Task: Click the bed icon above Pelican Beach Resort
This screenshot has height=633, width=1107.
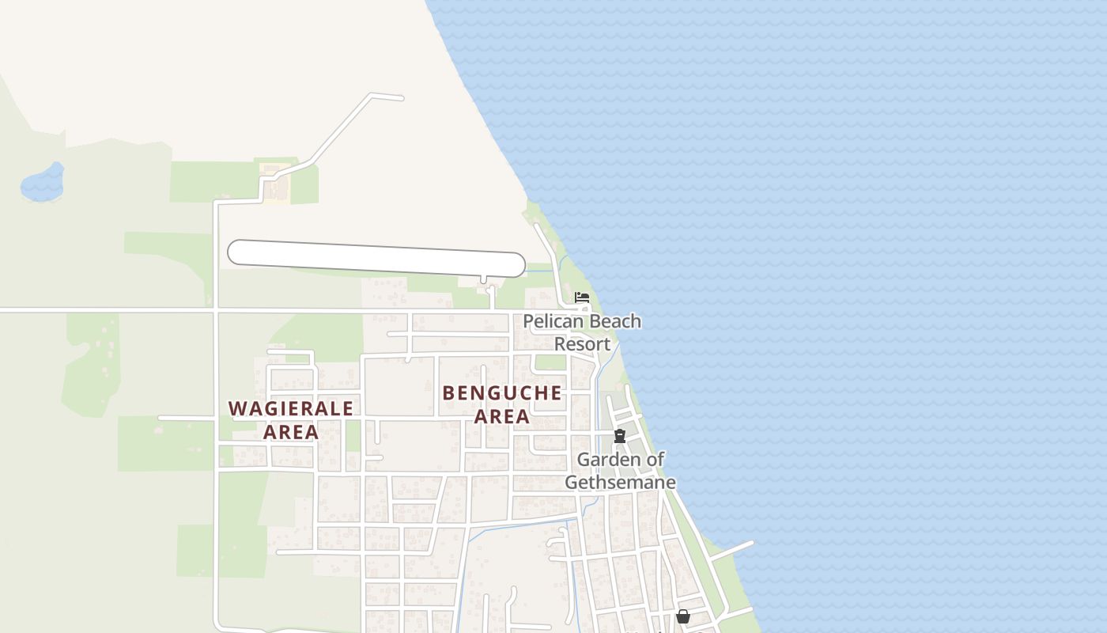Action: click(582, 298)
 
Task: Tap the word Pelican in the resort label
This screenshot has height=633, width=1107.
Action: click(551, 322)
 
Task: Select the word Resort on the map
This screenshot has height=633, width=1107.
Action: click(582, 344)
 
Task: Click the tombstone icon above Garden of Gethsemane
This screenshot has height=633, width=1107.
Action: click(620, 436)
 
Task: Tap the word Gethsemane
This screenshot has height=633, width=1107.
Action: click(620, 482)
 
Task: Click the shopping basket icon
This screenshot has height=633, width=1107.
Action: click(683, 616)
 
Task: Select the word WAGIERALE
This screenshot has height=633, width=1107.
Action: click(291, 409)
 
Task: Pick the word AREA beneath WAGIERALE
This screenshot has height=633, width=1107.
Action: click(291, 432)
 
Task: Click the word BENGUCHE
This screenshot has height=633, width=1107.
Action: click(502, 393)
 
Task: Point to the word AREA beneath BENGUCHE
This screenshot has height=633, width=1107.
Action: click(502, 416)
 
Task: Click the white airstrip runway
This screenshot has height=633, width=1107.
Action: click(376, 259)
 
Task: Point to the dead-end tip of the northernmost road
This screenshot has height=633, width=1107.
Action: click(401, 98)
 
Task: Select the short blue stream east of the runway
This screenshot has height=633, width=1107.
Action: click(539, 271)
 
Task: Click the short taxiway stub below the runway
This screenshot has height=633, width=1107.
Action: click(483, 280)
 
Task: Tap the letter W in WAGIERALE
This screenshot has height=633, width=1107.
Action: click(236, 409)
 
